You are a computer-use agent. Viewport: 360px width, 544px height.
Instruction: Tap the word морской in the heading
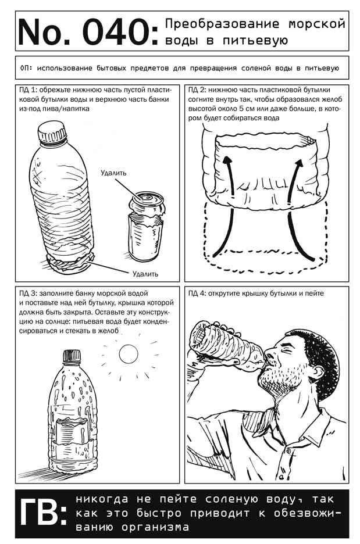(317, 24)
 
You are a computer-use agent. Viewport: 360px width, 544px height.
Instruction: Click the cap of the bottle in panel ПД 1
(52, 131)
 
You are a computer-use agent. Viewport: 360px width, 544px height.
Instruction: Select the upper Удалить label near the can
(113, 173)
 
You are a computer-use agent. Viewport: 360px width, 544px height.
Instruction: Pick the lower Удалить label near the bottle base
(145, 274)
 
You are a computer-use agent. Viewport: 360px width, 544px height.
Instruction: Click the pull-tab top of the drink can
(148, 199)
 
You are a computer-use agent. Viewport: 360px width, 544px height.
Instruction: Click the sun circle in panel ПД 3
(129, 354)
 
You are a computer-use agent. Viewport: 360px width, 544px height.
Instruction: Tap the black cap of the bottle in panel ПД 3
(72, 357)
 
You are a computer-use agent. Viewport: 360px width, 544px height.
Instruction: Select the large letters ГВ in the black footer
(42, 513)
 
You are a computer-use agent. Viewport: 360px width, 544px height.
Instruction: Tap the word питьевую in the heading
(255, 40)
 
